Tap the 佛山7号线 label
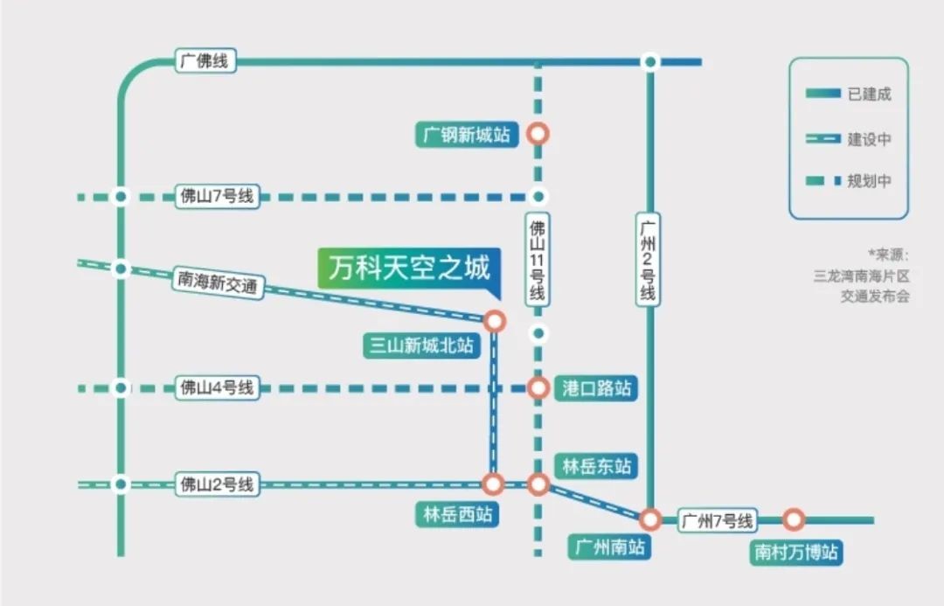click(x=217, y=197)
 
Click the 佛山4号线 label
click(x=217, y=387)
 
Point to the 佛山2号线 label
click(x=217, y=484)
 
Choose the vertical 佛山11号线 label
click(x=538, y=261)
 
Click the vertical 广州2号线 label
click(x=648, y=260)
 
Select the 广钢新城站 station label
click(x=466, y=135)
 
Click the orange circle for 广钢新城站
click(x=538, y=134)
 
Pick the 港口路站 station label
click(x=596, y=388)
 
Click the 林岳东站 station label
click(x=596, y=465)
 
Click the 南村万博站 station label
click(x=796, y=553)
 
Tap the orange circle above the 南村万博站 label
click(x=794, y=520)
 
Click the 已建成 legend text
click(x=869, y=94)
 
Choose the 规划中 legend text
click(x=869, y=181)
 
